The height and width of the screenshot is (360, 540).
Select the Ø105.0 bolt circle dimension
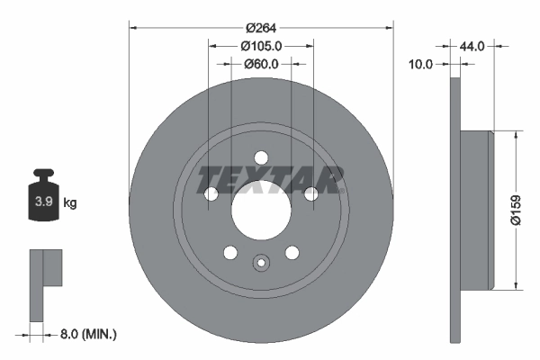(x=261, y=46)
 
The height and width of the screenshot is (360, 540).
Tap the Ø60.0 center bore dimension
(x=261, y=64)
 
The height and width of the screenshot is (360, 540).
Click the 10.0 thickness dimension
(x=421, y=64)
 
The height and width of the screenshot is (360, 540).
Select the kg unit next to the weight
(x=69, y=203)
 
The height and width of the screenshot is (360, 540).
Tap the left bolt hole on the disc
(x=211, y=194)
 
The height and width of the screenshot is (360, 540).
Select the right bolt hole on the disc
(x=310, y=194)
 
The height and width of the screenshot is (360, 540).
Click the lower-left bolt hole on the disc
(x=230, y=252)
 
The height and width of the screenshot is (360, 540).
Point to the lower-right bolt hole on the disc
(x=292, y=252)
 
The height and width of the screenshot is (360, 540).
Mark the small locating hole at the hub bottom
(x=261, y=263)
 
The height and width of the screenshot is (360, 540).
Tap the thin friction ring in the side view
(x=455, y=211)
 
